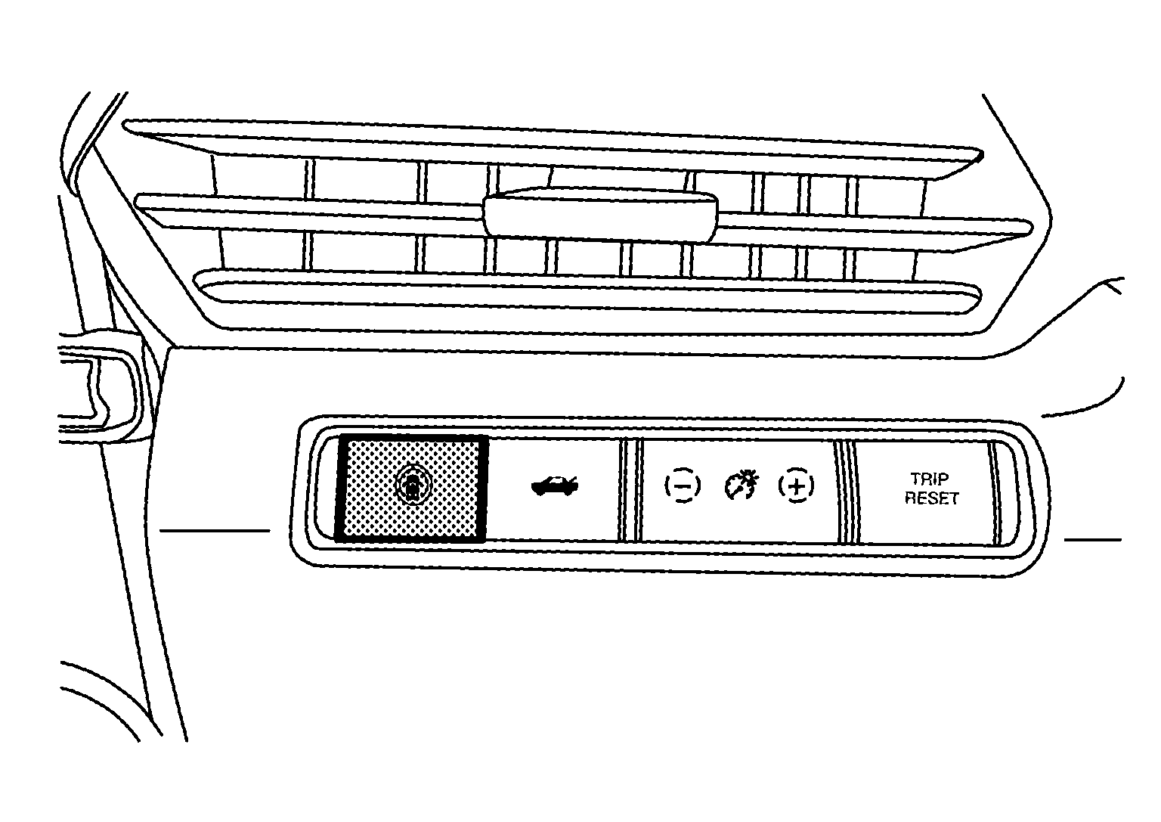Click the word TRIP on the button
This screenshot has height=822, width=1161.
930,478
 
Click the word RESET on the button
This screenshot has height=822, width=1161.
931,498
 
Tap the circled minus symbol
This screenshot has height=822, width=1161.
683,485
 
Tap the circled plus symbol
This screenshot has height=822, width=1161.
796,485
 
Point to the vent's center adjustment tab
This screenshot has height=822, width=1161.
600,216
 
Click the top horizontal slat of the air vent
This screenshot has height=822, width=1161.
553,150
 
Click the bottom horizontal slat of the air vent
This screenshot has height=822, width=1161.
587,291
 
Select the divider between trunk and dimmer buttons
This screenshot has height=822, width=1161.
631,491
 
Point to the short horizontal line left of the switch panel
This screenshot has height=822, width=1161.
215,531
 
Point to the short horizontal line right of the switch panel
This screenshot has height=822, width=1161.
1093,540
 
